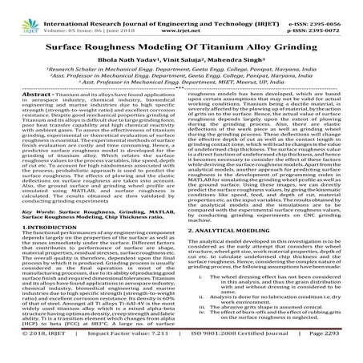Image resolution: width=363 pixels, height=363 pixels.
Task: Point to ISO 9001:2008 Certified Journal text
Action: pyautogui.click(x=221, y=353)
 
